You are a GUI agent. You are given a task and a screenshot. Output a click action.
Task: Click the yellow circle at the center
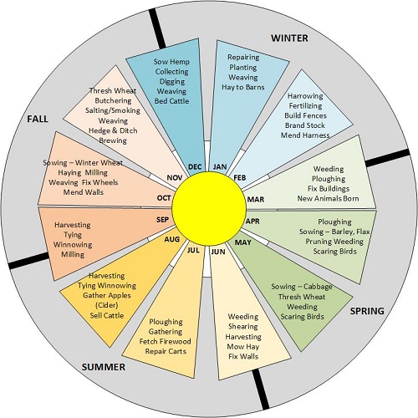point(209,209)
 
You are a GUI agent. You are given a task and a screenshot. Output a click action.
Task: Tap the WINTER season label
point(289,38)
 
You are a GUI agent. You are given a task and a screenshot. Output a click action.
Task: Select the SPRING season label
point(367,311)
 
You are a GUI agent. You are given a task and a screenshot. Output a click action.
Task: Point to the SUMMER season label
point(104,367)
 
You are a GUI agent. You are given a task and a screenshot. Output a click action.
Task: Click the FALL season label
point(38,119)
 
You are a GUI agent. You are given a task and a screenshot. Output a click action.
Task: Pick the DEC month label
point(195,167)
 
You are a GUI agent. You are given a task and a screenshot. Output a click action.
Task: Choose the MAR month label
point(256,200)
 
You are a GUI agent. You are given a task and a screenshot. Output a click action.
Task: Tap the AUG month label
point(172,239)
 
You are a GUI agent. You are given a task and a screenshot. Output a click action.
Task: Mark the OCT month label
point(164,198)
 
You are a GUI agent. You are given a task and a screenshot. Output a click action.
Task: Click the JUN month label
point(218,252)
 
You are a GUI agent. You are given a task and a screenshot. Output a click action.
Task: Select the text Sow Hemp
point(171,62)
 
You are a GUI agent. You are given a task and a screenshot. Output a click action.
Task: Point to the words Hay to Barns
point(243,87)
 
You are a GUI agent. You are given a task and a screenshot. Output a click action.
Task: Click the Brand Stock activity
point(305,125)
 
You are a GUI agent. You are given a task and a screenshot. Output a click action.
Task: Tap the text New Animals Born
point(329,198)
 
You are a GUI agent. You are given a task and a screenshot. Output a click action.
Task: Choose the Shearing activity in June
point(243,327)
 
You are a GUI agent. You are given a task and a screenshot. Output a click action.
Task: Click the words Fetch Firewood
point(166,341)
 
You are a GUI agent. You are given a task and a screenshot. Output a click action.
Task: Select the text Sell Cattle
point(107,315)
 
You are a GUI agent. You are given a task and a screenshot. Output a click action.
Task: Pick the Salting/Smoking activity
point(113,110)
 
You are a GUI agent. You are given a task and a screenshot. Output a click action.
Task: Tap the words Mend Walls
point(84,192)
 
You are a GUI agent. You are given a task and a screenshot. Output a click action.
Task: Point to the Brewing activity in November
point(113,140)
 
